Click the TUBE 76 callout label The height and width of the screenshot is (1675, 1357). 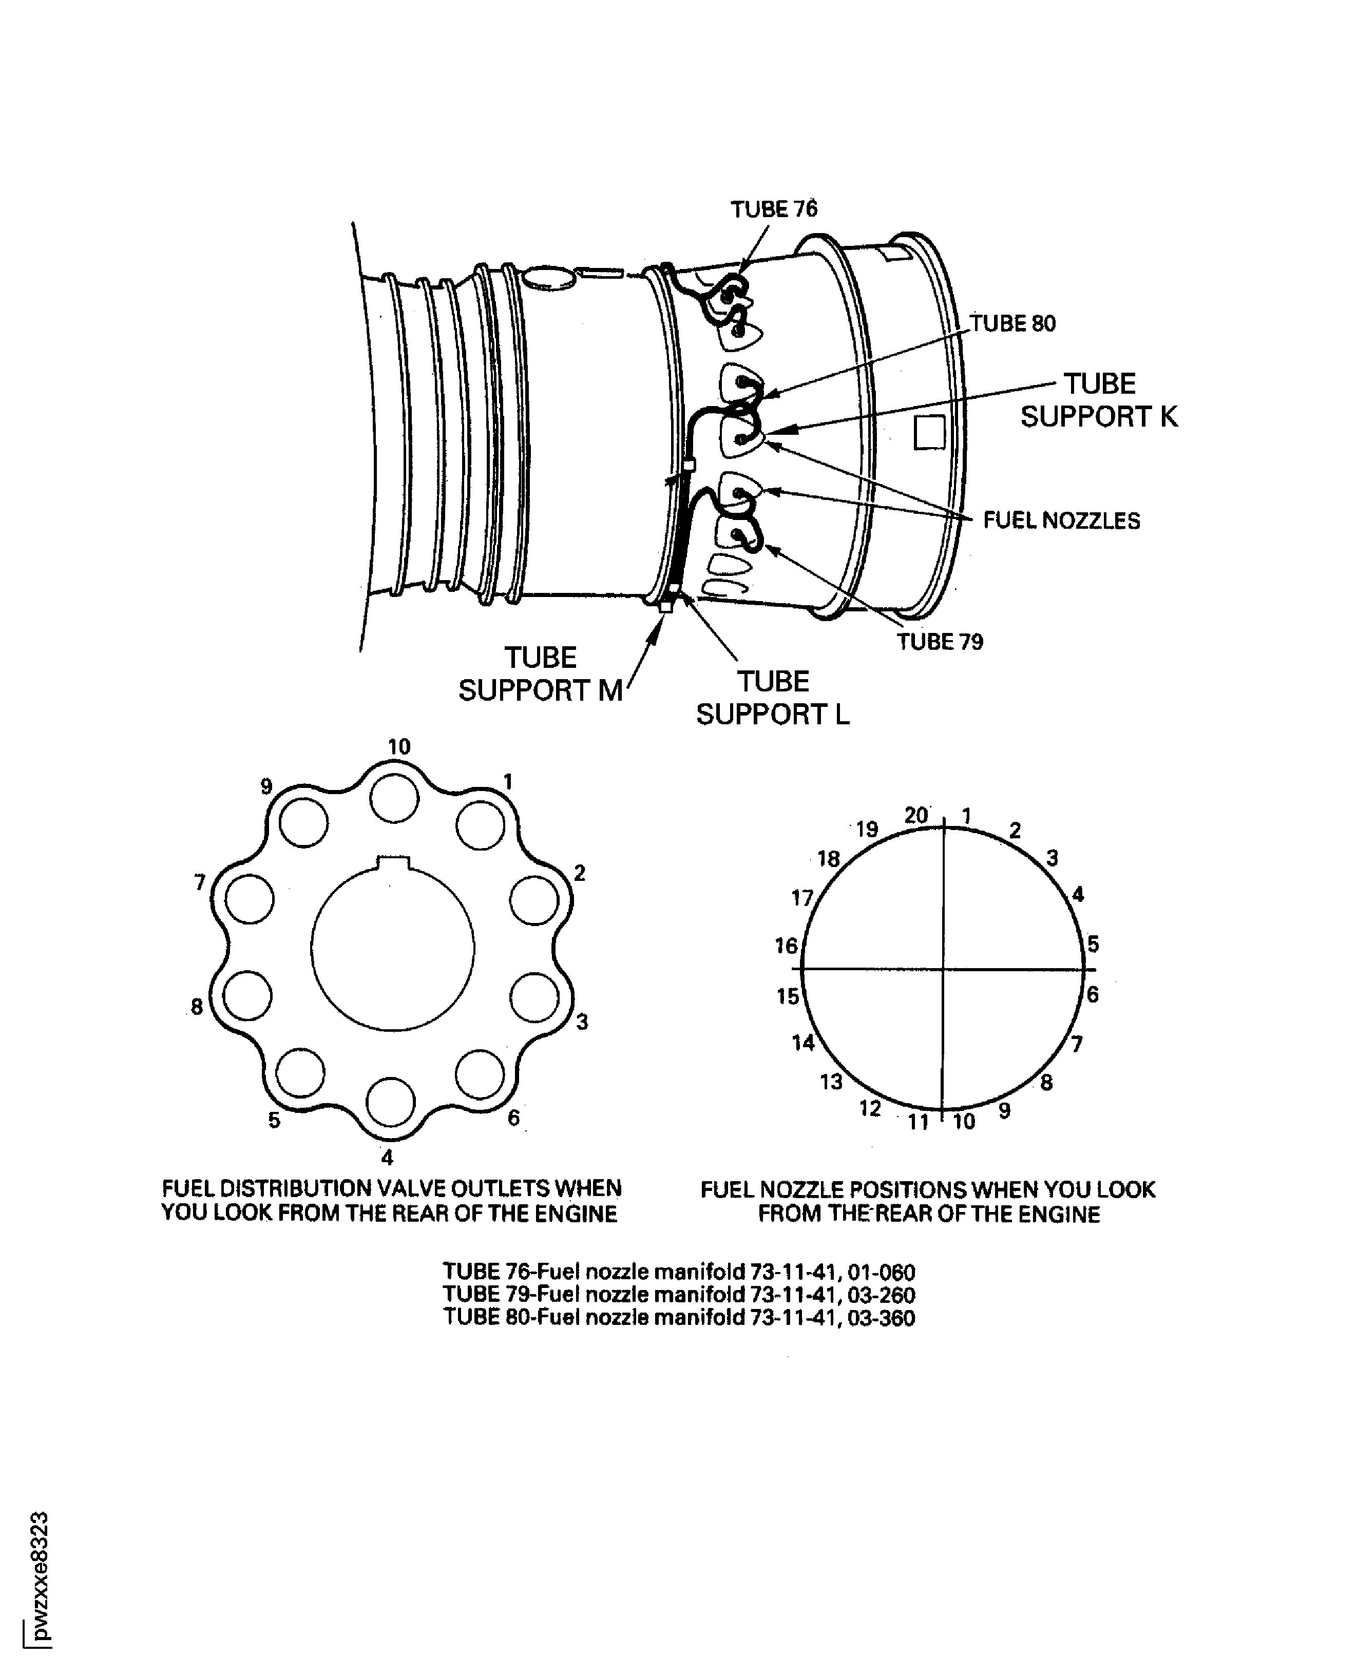(773, 209)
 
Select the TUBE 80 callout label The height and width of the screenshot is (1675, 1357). (1012, 323)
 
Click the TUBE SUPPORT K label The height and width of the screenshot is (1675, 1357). (1098, 400)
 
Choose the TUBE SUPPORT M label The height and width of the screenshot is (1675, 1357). (540, 674)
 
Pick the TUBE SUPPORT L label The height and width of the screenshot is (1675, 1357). (772, 698)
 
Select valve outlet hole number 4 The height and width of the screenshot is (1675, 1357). (390, 1101)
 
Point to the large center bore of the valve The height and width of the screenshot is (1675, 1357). (392, 947)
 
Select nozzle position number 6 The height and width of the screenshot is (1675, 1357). (1093, 994)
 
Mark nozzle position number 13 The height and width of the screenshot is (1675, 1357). (831, 1082)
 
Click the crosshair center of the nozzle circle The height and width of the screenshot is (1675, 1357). (944, 969)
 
